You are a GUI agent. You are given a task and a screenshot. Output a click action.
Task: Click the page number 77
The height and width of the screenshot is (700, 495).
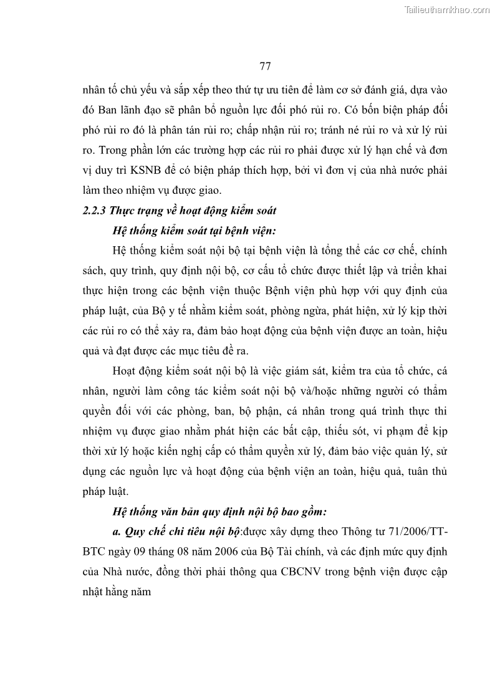(264, 66)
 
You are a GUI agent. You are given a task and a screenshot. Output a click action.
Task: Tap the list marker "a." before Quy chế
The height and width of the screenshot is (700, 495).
(118, 532)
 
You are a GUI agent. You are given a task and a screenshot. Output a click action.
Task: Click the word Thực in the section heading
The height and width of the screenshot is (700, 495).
(125, 211)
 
